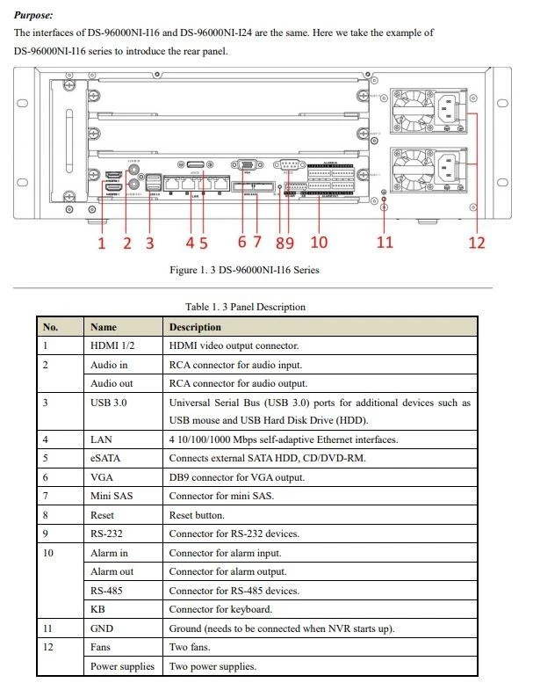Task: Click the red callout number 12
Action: [x=476, y=242]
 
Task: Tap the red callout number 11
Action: [x=385, y=242]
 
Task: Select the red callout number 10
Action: [x=319, y=242]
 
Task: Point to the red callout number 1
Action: [x=101, y=242]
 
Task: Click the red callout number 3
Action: [x=149, y=242]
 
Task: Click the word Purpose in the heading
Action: [x=33, y=15]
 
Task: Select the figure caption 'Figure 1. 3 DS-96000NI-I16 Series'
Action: [x=244, y=270]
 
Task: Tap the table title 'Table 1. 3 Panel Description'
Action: [x=245, y=307]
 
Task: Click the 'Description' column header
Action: [x=195, y=327]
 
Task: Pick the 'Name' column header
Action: [x=103, y=327]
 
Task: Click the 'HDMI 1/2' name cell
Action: [x=111, y=345]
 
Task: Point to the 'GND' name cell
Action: [x=102, y=628]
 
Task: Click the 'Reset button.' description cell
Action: [x=197, y=515]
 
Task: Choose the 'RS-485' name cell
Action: [x=106, y=591]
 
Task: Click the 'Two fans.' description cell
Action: [x=189, y=648]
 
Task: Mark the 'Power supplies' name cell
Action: [x=122, y=666]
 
